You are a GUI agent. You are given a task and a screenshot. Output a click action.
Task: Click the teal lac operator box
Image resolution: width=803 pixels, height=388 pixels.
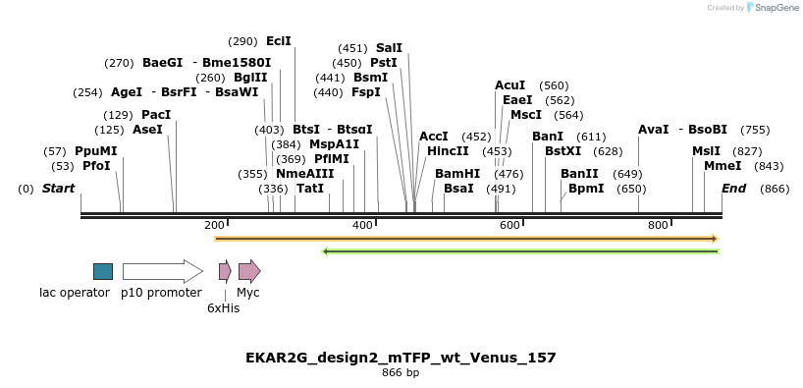click(102, 271)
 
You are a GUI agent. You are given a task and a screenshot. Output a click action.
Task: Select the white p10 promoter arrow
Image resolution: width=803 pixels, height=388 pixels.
click(162, 271)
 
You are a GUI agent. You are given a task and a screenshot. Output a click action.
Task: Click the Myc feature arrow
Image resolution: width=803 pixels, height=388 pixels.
click(249, 271)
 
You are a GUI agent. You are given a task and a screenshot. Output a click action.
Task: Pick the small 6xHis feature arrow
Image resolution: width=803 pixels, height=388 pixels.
click(225, 271)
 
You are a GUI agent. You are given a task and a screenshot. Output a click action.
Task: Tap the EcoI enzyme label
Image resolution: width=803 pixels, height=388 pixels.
click(279, 41)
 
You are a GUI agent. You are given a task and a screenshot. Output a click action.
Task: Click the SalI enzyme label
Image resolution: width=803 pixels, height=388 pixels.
click(389, 47)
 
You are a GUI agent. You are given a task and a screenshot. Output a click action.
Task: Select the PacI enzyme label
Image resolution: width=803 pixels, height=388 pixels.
click(156, 115)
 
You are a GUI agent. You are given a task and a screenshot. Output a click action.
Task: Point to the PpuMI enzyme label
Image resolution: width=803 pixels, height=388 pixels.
click(95, 151)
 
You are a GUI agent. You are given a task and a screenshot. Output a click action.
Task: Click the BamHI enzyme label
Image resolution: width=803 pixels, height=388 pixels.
click(457, 173)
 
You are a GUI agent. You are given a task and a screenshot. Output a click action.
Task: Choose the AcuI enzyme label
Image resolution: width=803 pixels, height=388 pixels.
click(509, 85)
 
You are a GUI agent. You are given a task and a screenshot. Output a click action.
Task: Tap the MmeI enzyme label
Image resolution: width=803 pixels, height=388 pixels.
click(723, 166)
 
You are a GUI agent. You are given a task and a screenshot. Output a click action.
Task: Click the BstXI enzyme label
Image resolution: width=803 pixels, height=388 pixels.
click(562, 151)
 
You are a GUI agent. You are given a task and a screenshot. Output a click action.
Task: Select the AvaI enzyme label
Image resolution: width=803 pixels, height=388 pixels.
click(653, 130)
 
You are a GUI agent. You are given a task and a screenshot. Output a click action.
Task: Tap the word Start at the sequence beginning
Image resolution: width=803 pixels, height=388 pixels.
click(58, 188)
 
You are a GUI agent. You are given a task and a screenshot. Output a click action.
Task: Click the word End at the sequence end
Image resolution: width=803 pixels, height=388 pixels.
click(733, 188)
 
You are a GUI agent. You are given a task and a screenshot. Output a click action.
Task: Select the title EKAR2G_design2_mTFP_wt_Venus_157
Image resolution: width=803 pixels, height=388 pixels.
click(401, 358)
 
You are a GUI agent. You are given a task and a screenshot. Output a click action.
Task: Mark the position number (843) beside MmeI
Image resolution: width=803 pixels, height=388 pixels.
click(769, 166)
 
